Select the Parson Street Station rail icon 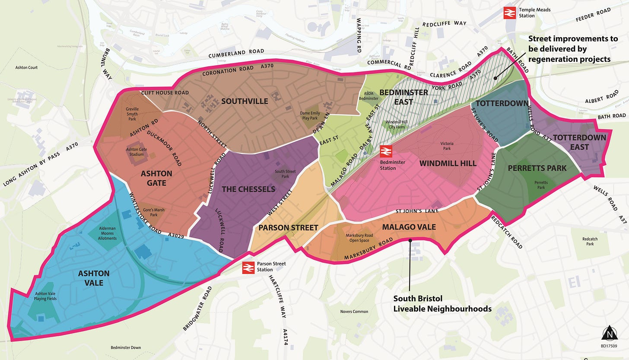point(248,267)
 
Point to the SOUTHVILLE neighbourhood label point(245,102)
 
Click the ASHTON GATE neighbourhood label point(156,178)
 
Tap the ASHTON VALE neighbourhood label point(94,278)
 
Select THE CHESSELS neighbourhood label point(248,189)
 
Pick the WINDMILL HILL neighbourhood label point(448,163)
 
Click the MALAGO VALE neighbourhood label point(409,227)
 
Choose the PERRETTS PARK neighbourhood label point(537,168)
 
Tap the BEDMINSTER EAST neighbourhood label point(397,97)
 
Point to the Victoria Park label point(446,146)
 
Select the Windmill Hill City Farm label point(396,125)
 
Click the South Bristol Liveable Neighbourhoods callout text point(442,304)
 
